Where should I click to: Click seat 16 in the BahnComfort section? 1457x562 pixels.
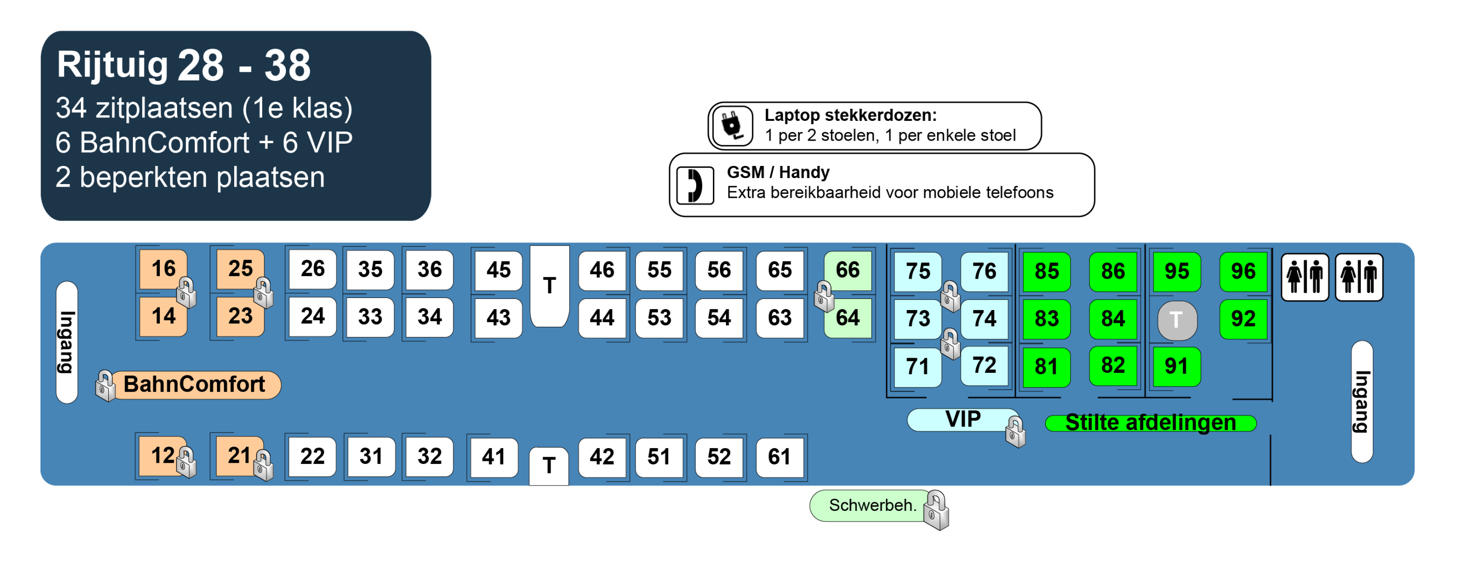click(x=163, y=269)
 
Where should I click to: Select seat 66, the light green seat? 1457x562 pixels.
click(x=847, y=270)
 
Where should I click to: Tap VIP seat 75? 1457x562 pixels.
click(x=917, y=271)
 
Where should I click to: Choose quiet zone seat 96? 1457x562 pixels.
click(x=1242, y=271)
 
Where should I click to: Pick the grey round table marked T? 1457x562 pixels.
click(x=1176, y=320)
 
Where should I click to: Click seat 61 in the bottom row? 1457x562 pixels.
click(x=779, y=456)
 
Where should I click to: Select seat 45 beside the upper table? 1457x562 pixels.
click(x=498, y=270)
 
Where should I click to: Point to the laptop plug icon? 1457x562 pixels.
click(x=733, y=125)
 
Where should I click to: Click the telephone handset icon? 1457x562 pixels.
click(x=695, y=185)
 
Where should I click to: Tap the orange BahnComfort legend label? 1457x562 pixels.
click(x=194, y=385)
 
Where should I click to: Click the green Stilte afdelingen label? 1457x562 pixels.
click(x=1150, y=423)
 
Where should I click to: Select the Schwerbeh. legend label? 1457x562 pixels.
click(x=872, y=505)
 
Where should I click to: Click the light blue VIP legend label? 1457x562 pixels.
click(x=962, y=419)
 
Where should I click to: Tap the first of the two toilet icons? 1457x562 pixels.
click(x=1304, y=277)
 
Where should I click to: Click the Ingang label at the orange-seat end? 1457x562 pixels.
click(x=67, y=342)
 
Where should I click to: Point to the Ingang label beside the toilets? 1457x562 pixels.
click(x=1361, y=402)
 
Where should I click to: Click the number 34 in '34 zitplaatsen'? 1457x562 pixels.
click(x=71, y=107)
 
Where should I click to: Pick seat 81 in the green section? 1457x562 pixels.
click(x=1046, y=367)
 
